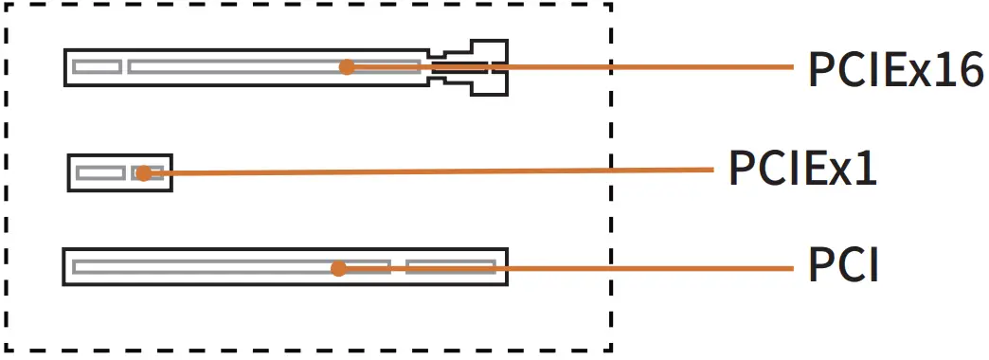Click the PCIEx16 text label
pos(894,69)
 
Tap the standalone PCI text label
pos(843,266)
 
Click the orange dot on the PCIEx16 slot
pos(347,67)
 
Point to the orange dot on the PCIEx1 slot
pos(142,173)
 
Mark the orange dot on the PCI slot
pos(338,269)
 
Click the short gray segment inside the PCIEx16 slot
pos(98,67)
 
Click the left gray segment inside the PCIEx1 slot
pos(100,172)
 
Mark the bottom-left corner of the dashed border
pos(8,351)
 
